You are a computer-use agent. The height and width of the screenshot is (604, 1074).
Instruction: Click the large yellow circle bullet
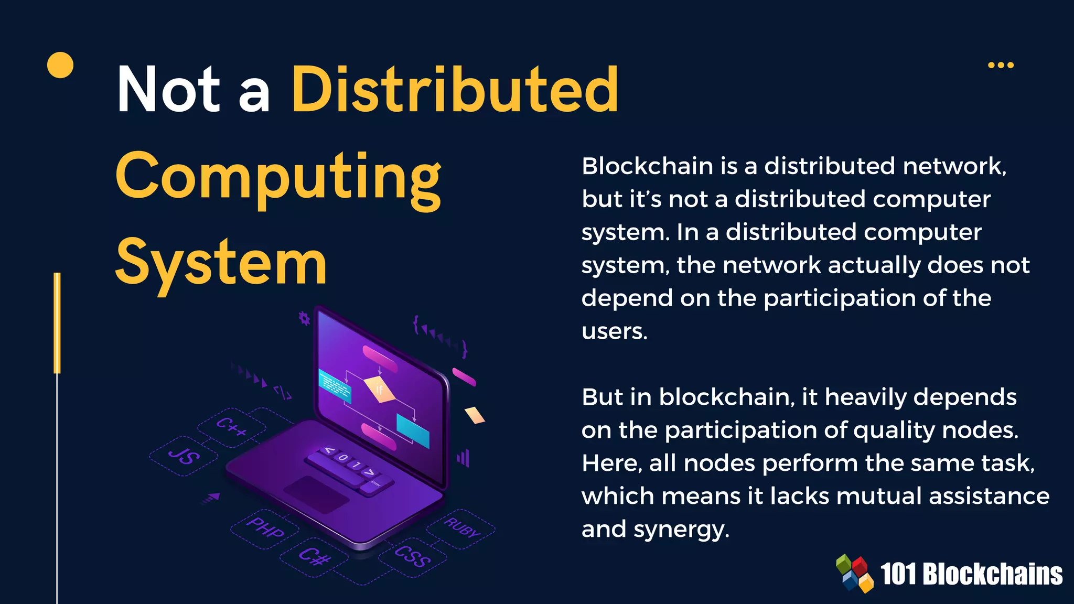60,65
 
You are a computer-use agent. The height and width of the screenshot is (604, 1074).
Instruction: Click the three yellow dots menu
1001,65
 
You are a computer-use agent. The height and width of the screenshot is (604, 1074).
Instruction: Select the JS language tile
184,456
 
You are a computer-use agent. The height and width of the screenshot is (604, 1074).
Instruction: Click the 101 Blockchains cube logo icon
854,574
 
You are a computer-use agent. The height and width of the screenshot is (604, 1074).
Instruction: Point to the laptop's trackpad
316,494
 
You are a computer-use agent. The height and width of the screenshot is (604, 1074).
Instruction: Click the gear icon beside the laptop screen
304,318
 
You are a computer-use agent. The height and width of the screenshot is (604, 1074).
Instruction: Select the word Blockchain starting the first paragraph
647,166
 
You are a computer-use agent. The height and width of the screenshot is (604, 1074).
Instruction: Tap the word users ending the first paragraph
614,331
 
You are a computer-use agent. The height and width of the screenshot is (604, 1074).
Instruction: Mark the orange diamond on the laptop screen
379,389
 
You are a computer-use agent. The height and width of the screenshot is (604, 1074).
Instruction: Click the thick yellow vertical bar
57,322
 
